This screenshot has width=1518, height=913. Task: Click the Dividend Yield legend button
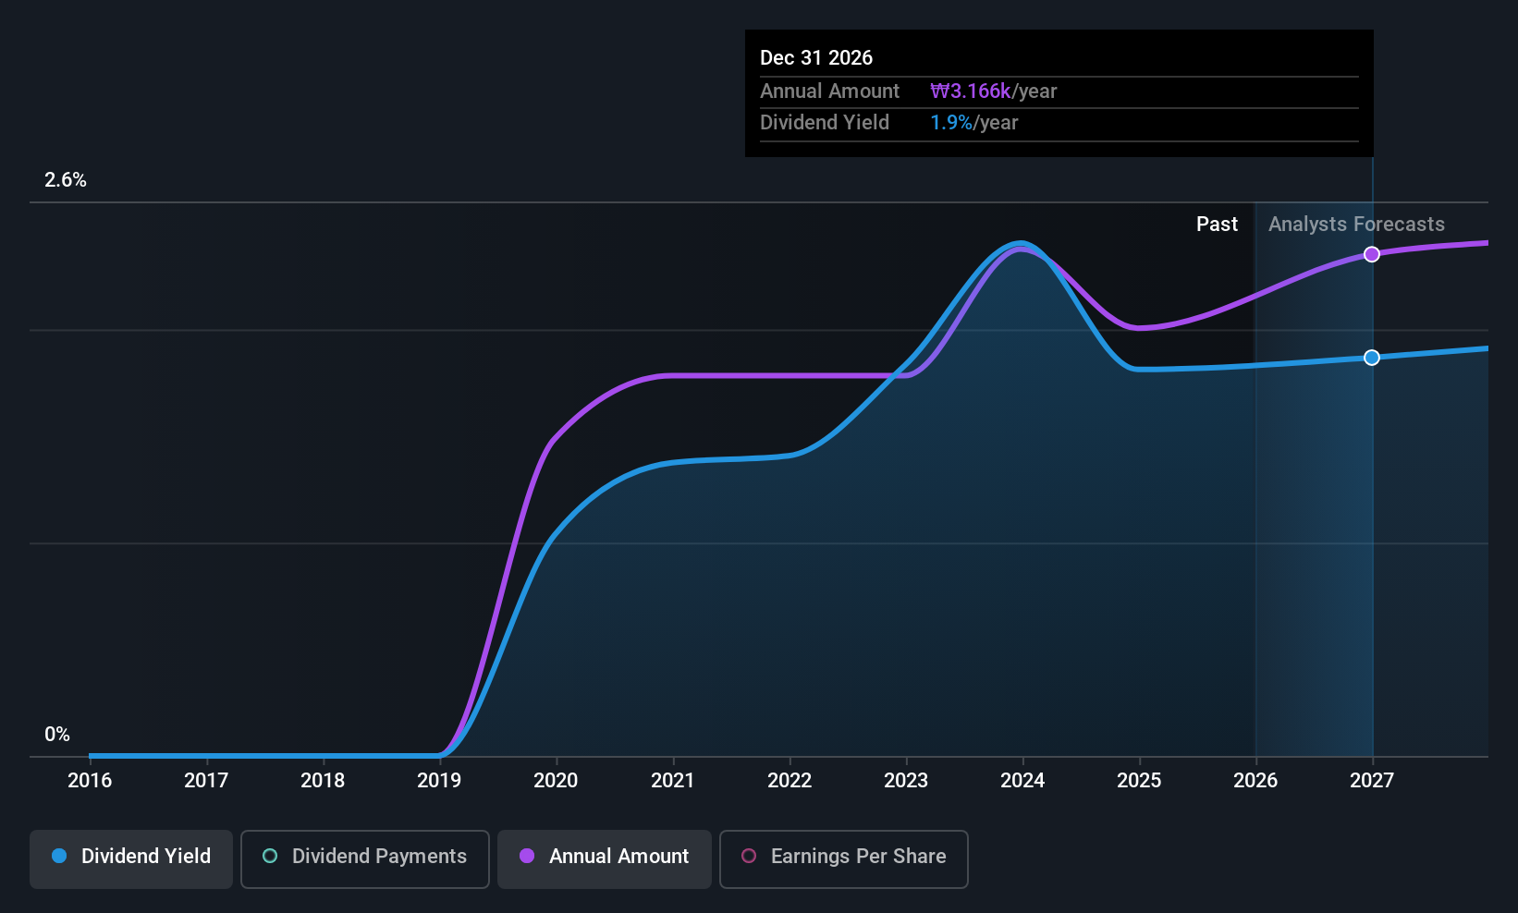tap(130, 858)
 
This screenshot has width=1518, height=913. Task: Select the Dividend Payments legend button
tap(364, 858)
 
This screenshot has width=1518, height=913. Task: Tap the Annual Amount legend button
tap(605, 858)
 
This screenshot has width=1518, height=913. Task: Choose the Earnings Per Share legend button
tap(844, 858)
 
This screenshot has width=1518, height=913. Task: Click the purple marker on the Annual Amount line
tap(1372, 254)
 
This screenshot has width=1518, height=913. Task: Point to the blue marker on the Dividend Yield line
tap(1372, 357)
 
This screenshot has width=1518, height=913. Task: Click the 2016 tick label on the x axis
tap(90, 780)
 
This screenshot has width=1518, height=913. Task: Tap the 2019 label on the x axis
tap(439, 780)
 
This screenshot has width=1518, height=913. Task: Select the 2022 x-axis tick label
tap(790, 780)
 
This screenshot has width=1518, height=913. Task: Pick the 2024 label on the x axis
tap(1022, 780)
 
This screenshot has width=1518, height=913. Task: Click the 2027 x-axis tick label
tap(1372, 780)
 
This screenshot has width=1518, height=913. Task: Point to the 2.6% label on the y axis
tap(66, 180)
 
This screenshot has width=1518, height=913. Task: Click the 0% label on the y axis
tap(57, 735)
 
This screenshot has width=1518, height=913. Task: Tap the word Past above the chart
tap(1218, 225)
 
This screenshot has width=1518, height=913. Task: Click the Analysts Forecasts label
tap(1357, 225)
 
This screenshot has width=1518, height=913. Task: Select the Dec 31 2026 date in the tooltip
tap(816, 57)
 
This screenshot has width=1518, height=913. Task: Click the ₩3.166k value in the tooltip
tap(971, 91)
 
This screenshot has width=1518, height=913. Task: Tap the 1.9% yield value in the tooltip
tap(951, 123)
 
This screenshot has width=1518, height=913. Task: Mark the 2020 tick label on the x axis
tap(556, 780)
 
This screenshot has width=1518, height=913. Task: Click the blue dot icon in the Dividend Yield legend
tap(60, 856)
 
